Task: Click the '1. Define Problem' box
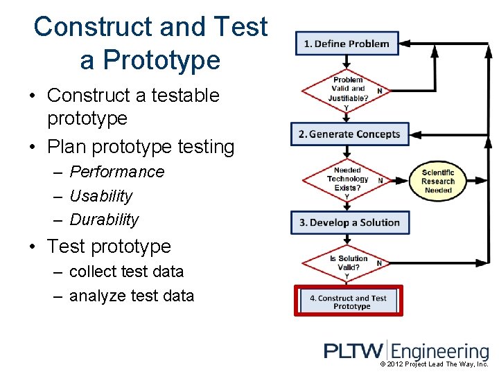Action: pyautogui.click(x=347, y=44)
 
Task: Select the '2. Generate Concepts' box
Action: pyautogui.click(x=350, y=134)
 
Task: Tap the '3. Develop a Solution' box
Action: pyautogui.click(x=350, y=222)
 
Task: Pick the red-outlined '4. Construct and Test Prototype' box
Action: pyautogui.click(x=349, y=301)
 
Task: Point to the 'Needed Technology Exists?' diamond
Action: pyautogui.click(x=347, y=179)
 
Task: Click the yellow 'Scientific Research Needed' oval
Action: pyautogui.click(x=438, y=181)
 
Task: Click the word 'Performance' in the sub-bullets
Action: pyautogui.click(x=117, y=172)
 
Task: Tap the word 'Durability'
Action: pyautogui.click(x=104, y=220)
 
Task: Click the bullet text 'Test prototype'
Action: pyautogui.click(x=108, y=246)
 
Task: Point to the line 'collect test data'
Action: pyautogui.click(x=126, y=271)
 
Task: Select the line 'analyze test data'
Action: pyautogui.click(x=132, y=296)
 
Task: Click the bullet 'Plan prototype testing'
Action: pyautogui.click(x=141, y=147)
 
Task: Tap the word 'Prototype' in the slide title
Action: pyautogui.click(x=150, y=60)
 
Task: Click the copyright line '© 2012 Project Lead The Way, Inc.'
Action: pyautogui.click(x=435, y=364)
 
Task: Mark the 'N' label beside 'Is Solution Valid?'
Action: pyautogui.click(x=379, y=262)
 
